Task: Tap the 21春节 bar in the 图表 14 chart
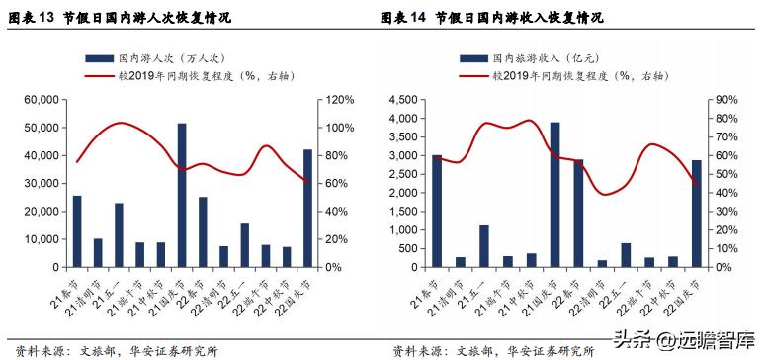click(x=437, y=211)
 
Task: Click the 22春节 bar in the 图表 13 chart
click(x=203, y=231)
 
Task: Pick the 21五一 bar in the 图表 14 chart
click(x=484, y=245)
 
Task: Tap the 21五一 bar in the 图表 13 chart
click(x=119, y=234)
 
